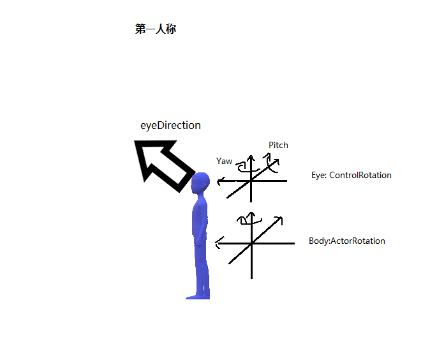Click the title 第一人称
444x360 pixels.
155,29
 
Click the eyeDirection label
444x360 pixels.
170,126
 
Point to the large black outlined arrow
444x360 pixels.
163,164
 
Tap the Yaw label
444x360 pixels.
225,161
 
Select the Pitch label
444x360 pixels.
278,146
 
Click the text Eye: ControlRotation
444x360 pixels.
351,175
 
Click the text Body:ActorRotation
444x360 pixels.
346,241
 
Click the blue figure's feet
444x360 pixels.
197,296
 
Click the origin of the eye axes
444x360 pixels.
251,181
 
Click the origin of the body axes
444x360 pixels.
252,243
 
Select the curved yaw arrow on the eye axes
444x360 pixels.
242,167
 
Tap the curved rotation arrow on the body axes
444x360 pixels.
244,220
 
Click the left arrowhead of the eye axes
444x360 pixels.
221,181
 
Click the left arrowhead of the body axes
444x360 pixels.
219,243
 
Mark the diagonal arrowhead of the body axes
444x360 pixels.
279,220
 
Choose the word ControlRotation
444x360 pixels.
360,175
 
